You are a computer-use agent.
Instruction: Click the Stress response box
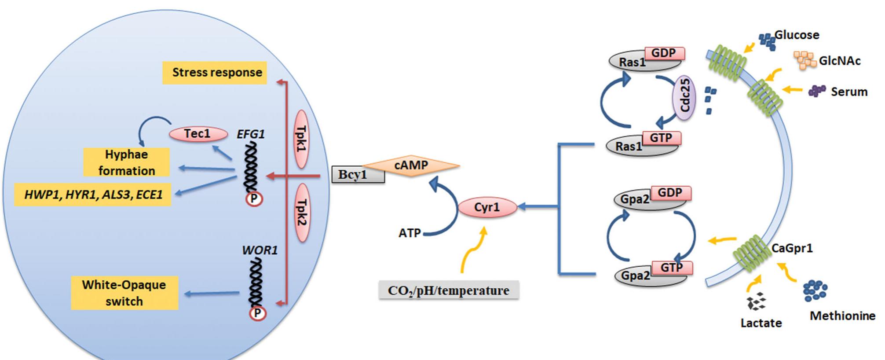coord(215,73)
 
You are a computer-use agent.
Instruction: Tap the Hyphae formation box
coord(127,162)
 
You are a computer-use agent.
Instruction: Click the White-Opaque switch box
coord(124,293)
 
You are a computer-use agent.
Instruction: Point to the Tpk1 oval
coord(301,139)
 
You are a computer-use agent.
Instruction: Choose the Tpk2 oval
coord(301,213)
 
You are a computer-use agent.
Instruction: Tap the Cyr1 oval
coord(487,207)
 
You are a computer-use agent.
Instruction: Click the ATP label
coord(410,233)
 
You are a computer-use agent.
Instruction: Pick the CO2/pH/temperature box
coord(449,290)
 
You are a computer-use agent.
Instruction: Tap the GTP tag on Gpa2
coord(671,268)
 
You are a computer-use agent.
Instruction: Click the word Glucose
coord(797,35)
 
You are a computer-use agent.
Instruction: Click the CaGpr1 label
coord(792,248)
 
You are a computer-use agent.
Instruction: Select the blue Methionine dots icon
coord(815,290)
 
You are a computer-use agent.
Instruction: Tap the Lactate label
coord(761,323)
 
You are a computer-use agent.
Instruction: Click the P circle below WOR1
coord(257,313)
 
